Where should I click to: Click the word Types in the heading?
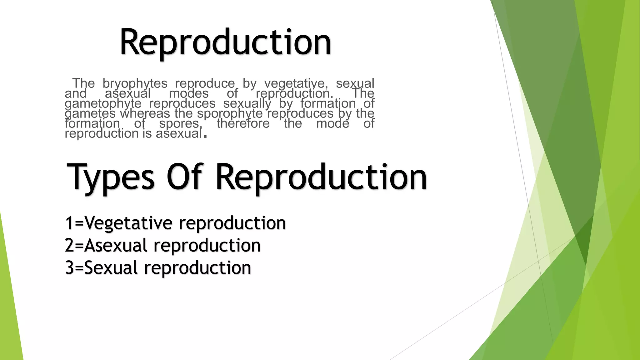110,177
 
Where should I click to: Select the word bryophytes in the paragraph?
135,83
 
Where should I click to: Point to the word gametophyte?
103,103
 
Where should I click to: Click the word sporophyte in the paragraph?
230,113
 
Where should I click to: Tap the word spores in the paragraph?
179,123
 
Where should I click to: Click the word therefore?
243,123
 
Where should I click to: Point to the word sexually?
247,103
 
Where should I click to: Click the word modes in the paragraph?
188,93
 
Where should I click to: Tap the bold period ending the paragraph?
205,136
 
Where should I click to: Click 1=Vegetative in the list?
119,223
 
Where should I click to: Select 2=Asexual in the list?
106,246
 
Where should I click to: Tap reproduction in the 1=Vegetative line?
232,223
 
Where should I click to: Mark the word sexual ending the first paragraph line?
355,83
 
